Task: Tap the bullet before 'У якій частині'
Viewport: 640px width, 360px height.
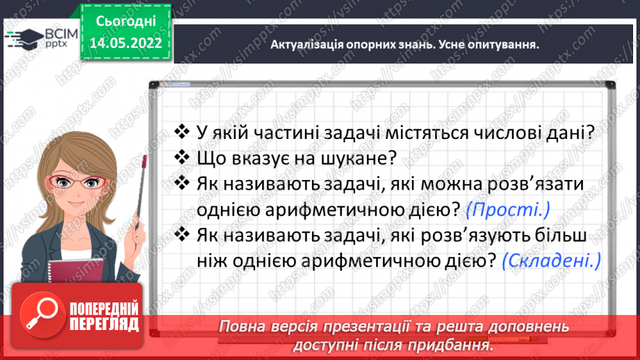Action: (x=181, y=131)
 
